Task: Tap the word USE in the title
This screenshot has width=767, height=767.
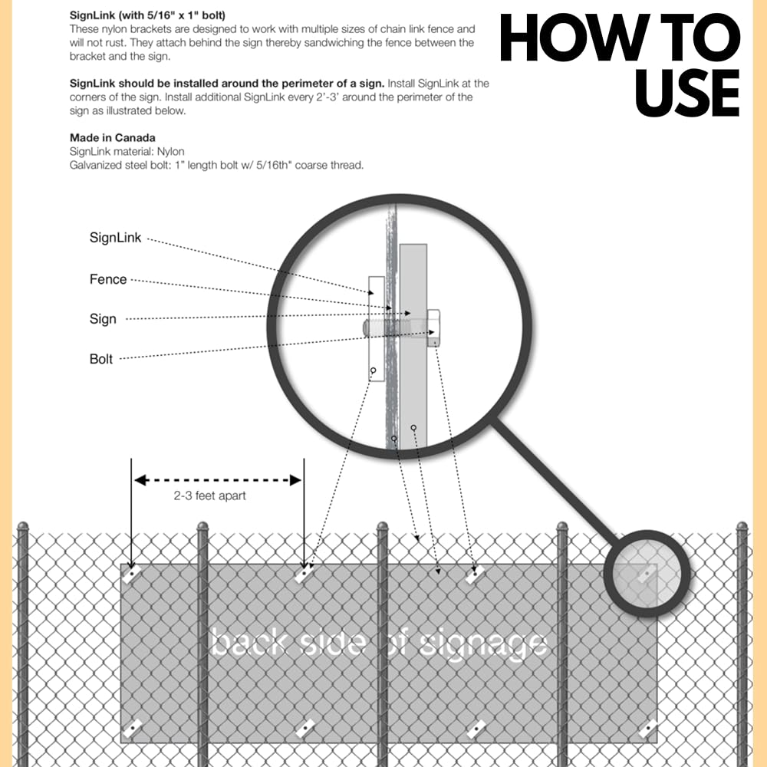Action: tap(687, 93)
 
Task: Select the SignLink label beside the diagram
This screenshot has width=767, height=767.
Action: tap(116, 238)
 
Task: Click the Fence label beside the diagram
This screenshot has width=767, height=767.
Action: tap(108, 279)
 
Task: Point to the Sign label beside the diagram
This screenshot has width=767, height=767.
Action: tap(103, 319)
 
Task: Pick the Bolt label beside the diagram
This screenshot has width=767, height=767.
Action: tap(101, 359)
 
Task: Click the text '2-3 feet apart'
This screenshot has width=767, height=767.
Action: tap(210, 495)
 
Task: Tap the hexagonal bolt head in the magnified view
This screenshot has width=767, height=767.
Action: tap(433, 328)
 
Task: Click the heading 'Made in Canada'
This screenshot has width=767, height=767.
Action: tap(113, 138)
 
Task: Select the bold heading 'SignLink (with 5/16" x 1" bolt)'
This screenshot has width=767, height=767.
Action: tap(147, 15)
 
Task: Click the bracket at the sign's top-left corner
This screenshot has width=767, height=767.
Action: tap(132, 573)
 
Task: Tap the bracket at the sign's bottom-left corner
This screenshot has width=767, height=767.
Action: tap(132, 729)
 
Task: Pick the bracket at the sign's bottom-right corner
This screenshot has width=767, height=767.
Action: tap(649, 729)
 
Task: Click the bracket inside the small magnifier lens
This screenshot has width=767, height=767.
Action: tap(647, 574)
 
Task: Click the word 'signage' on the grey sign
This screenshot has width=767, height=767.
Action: tap(483, 646)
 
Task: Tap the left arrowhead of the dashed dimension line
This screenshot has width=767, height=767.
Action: tap(141, 480)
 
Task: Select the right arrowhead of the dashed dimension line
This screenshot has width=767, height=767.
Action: tap(295, 480)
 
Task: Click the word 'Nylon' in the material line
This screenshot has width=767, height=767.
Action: tap(170, 152)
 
